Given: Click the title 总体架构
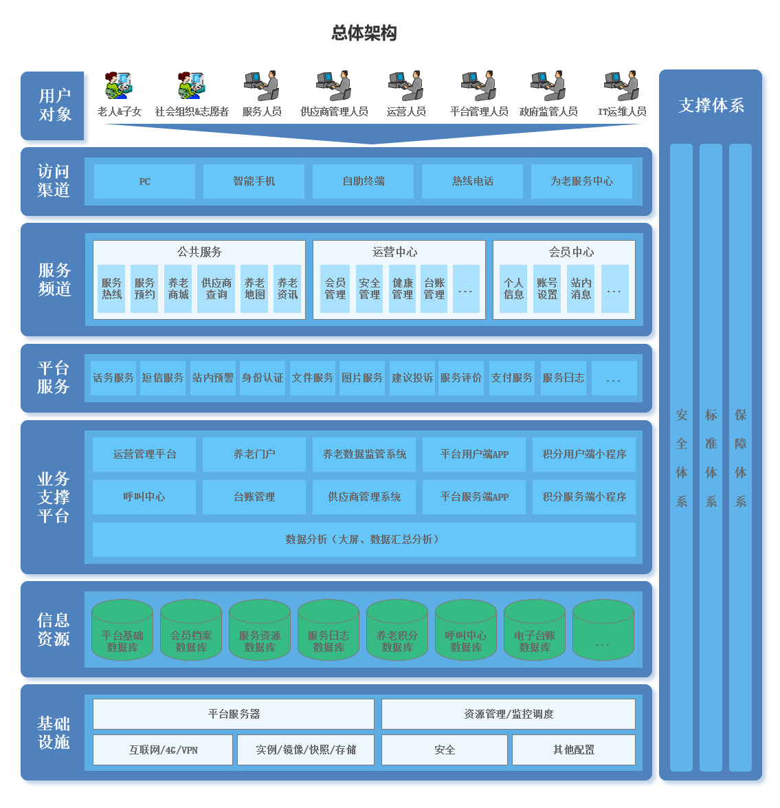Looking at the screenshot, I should pyautogui.click(x=364, y=33).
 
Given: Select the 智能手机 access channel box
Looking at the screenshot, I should pyautogui.click(x=254, y=182).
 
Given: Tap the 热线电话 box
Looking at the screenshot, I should pyautogui.click(x=472, y=182).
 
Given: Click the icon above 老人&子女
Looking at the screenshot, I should pyautogui.click(x=119, y=86).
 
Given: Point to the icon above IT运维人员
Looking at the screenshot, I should pyautogui.click(x=621, y=86).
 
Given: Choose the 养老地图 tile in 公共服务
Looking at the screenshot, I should pyautogui.click(x=254, y=289).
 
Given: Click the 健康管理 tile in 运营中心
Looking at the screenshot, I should pyautogui.click(x=402, y=289).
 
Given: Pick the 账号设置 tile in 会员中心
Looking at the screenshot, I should pyautogui.click(x=547, y=289).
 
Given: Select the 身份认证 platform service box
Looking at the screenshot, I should pyautogui.click(x=263, y=378).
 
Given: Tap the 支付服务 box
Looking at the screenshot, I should pyautogui.click(x=511, y=378).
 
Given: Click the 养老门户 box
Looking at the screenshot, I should pyautogui.click(x=254, y=455).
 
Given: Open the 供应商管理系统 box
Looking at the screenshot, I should pyautogui.click(x=364, y=497).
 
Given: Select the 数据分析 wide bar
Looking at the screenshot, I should pyautogui.click(x=364, y=540).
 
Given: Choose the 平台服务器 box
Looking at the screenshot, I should pyautogui.click(x=234, y=714).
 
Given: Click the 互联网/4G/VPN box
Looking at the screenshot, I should pyautogui.click(x=163, y=750).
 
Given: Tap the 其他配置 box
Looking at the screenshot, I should pyautogui.click(x=573, y=750).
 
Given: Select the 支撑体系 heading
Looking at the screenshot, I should pyautogui.click(x=711, y=106).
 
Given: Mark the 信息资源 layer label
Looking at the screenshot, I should pyautogui.click(x=54, y=630).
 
